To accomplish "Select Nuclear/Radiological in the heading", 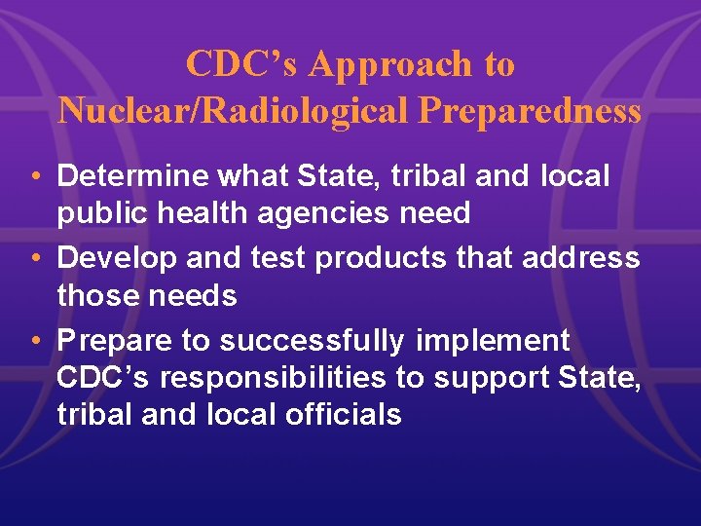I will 235,111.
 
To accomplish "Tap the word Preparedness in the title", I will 530,111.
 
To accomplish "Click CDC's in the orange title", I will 242,64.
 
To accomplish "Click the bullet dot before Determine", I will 35,177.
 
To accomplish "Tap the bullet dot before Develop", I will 35,259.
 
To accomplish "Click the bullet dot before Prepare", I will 35,341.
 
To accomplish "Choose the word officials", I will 344,414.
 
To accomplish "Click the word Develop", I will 116,258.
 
